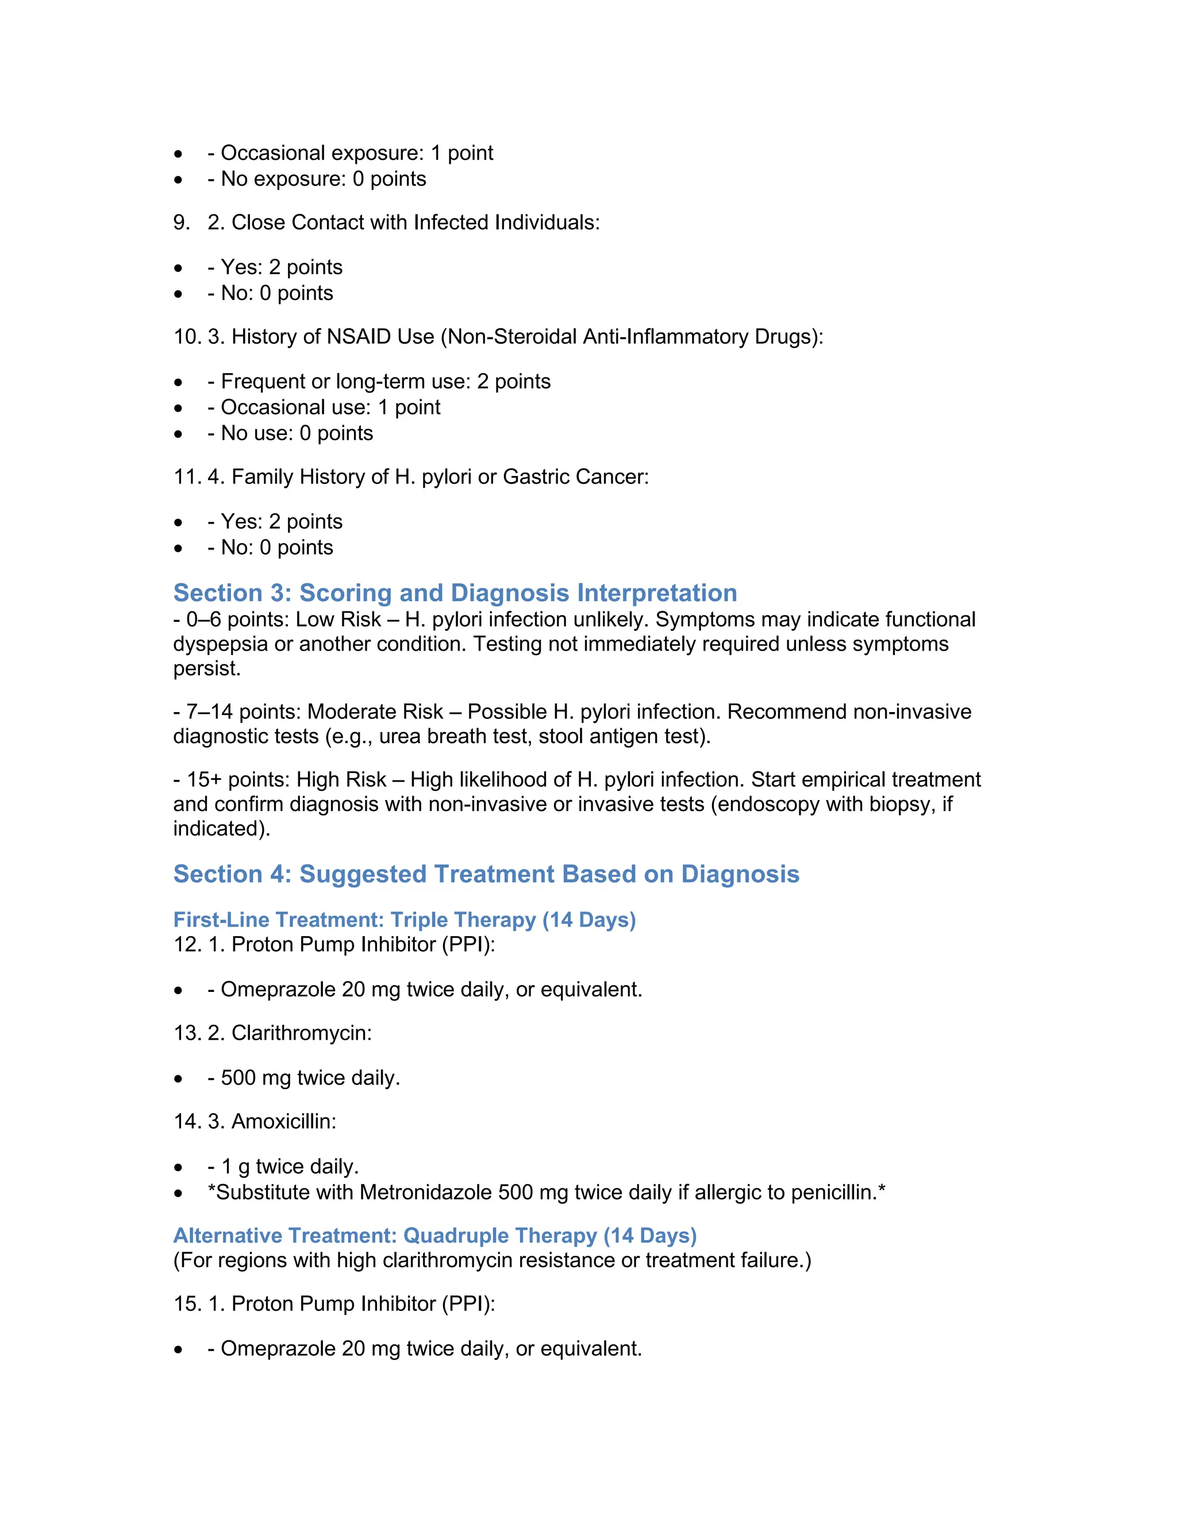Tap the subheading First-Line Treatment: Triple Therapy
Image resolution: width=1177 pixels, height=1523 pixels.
coord(405,920)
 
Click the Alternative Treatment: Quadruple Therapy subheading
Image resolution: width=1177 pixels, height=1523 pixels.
coord(434,1236)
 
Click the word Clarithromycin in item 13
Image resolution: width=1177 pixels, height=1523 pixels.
coord(301,1033)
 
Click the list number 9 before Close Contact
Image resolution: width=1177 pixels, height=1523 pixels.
coord(180,222)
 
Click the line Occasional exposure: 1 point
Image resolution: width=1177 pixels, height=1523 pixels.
coord(356,153)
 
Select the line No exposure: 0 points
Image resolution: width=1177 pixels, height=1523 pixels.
coord(323,179)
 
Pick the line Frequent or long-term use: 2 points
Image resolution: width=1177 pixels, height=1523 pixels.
coord(385,382)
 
